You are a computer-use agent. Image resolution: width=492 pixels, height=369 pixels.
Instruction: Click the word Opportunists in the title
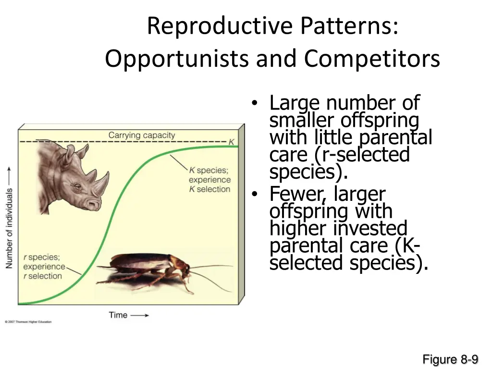(x=177, y=59)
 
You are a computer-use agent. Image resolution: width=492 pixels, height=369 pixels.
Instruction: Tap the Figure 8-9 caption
(x=450, y=359)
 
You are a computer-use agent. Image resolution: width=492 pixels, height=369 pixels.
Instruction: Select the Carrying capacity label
(x=142, y=135)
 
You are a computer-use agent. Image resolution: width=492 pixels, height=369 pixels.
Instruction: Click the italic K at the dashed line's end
(x=231, y=142)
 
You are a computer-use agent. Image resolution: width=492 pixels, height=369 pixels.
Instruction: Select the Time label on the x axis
(x=118, y=315)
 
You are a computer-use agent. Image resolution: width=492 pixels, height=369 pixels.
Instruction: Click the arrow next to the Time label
(x=140, y=316)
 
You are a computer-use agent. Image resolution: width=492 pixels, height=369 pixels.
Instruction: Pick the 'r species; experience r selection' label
(x=43, y=267)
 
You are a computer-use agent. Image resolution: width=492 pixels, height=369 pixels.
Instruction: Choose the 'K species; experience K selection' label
(x=209, y=180)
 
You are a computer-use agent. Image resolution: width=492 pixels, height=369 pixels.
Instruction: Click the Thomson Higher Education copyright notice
(x=28, y=321)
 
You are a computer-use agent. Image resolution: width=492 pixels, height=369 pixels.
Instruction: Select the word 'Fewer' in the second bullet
(x=292, y=194)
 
